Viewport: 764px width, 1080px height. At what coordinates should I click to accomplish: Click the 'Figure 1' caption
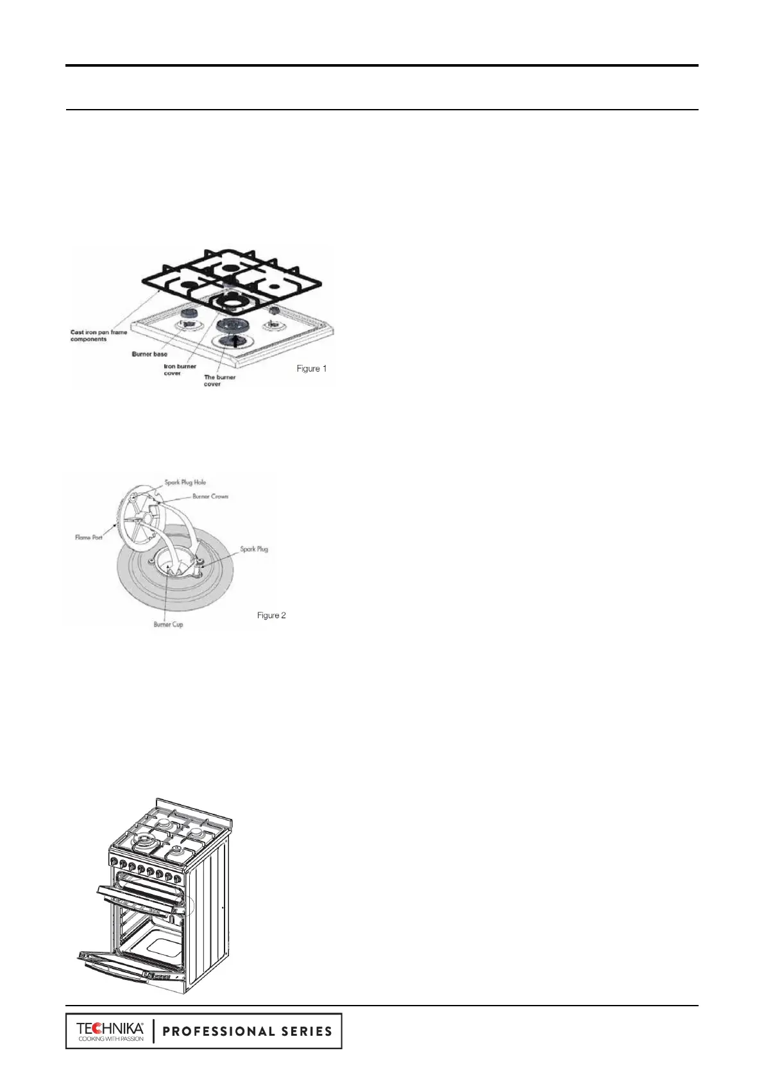311,368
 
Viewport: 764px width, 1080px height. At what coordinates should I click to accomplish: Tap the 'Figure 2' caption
271,615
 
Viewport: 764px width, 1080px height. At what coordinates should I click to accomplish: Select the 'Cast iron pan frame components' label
99,335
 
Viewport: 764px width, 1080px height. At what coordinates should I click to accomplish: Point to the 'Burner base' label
149,354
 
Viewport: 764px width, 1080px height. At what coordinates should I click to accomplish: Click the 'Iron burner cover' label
180,369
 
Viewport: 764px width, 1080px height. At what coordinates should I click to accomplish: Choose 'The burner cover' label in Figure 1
219,380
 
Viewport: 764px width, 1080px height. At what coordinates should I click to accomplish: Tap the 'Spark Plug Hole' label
185,482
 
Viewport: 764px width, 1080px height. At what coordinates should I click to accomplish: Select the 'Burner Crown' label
210,496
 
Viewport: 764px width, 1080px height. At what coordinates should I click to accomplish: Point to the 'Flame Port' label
89,537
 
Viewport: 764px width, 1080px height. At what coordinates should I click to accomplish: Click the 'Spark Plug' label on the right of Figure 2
254,549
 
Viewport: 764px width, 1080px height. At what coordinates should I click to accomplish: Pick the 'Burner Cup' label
168,624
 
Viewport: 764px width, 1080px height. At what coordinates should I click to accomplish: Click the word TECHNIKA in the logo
110,1028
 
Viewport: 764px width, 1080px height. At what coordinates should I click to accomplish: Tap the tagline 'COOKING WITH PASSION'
110,1039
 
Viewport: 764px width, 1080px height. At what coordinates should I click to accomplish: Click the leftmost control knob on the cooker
114,861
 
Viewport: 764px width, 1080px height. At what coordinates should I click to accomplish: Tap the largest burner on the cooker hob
145,841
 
